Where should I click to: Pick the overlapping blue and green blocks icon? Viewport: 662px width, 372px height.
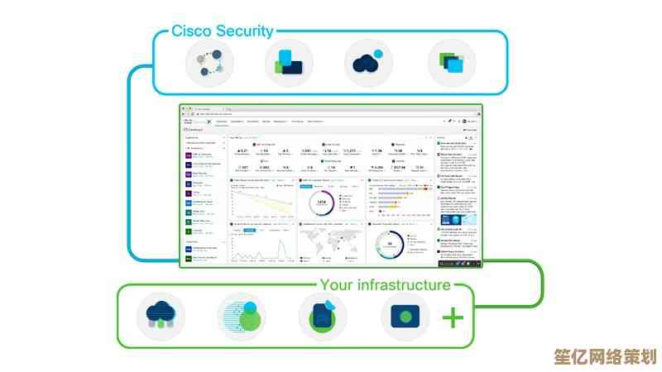coord(287,64)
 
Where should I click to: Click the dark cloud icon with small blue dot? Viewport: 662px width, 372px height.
coord(367,64)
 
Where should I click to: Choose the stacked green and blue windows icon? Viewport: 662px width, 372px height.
coord(451,64)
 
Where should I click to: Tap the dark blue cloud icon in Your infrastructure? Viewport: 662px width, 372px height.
coord(161,317)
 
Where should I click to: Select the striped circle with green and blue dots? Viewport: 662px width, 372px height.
coord(242,317)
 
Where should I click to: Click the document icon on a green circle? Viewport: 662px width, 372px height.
coord(323,317)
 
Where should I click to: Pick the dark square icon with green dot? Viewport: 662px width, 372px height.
coord(405,317)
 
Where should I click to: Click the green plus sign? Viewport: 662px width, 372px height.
coord(453,317)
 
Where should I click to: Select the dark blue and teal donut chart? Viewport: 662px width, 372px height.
coord(390,244)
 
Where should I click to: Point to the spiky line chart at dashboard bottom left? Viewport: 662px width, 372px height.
coord(261,246)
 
